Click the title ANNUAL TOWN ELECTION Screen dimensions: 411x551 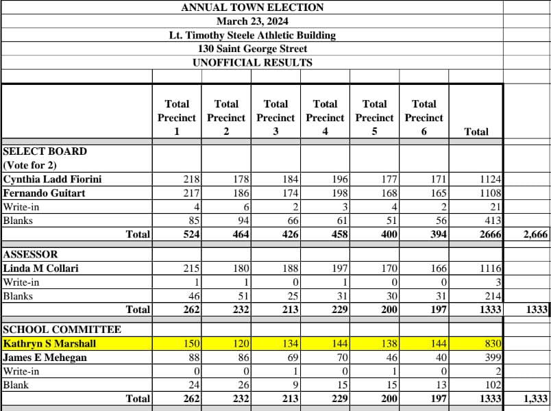252,8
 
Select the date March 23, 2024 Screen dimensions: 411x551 252,21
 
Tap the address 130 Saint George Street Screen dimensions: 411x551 252,49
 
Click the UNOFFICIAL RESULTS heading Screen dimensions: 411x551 252,62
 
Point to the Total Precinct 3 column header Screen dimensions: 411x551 275,117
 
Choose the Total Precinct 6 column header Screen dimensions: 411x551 424,117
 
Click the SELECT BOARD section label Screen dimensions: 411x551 45,151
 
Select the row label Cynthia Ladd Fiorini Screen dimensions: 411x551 53,179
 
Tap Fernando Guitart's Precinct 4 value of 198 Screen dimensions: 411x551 341,193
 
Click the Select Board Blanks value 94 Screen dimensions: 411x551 241,221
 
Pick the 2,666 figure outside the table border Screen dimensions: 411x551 535,234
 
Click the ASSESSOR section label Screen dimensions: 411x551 31,254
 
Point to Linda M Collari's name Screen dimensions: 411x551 41,269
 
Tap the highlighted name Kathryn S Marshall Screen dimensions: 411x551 49,343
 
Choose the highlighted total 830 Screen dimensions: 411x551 493,343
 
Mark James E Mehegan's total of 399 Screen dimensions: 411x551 493,357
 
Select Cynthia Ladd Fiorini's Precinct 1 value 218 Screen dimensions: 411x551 191,179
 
